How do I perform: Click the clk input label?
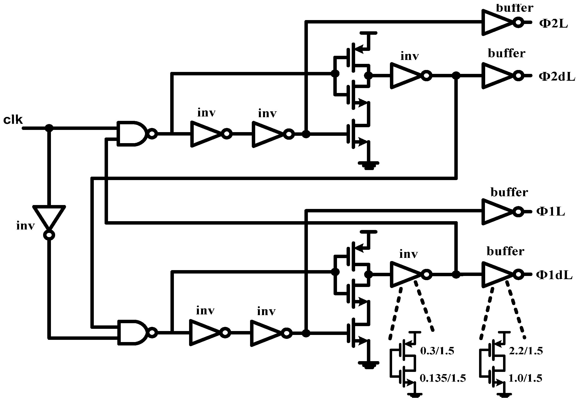coord(13,120)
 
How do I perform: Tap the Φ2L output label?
coord(553,24)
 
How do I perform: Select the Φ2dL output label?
coord(557,76)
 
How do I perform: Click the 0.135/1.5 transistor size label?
coord(443,378)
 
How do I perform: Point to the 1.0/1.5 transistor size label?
coord(525,378)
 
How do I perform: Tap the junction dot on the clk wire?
coord(49,128)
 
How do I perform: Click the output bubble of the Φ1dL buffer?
coord(518,274)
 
